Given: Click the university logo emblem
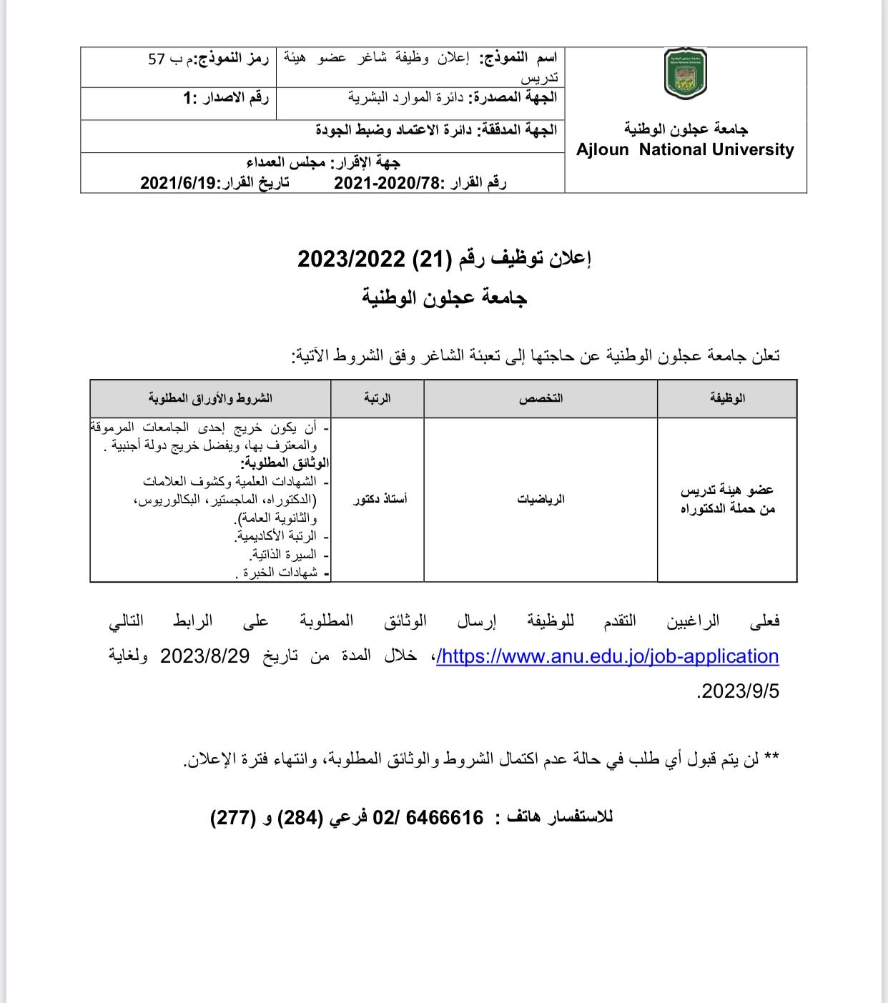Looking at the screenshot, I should click(x=685, y=74).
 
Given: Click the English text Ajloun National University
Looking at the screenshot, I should click(x=685, y=150).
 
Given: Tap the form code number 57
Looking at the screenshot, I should click(x=156, y=59).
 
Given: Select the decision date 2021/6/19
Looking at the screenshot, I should click(x=178, y=183).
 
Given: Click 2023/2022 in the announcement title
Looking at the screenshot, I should click(x=351, y=259).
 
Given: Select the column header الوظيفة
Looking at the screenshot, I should click(x=727, y=398).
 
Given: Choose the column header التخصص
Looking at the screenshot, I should click(x=541, y=398).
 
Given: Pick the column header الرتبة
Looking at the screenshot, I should click(x=377, y=398).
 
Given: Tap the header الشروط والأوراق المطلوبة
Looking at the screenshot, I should click(x=210, y=398).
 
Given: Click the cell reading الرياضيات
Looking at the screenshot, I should click(x=541, y=499).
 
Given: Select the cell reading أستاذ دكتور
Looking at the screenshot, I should click(x=380, y=499).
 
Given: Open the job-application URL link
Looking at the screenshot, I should click(x=607, y=656).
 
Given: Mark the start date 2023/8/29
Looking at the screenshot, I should click(x=204, y=656).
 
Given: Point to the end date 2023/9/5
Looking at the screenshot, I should click(x=739, y=691).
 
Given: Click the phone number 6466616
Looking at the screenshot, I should click(x=445, y=817).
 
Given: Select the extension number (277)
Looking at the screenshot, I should click(x=233, y=817).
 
